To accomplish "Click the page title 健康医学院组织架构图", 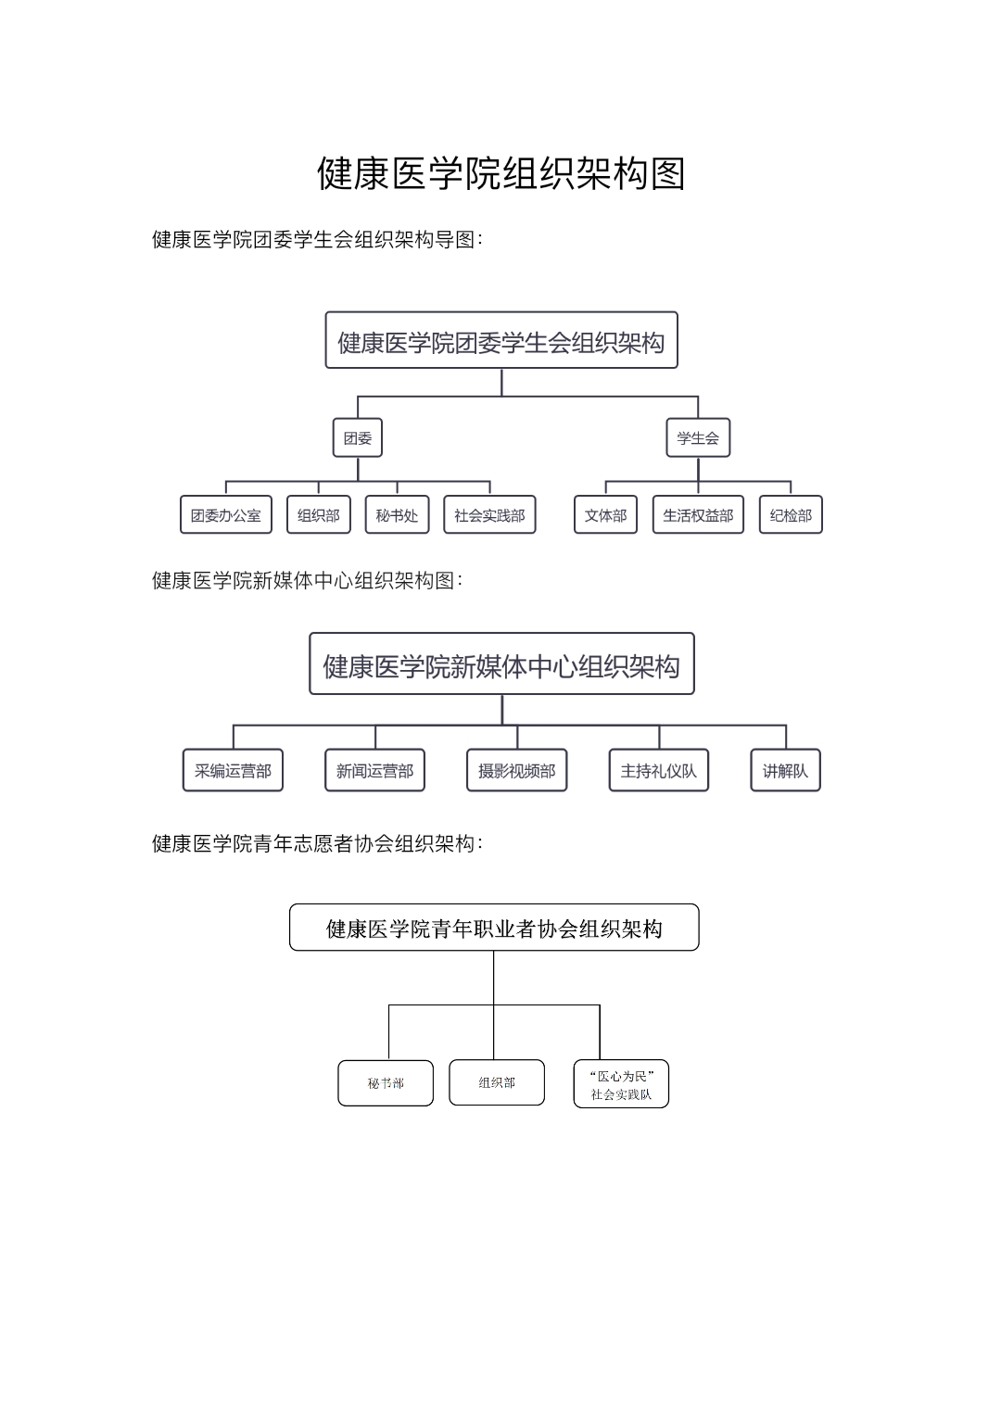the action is click(501, 173).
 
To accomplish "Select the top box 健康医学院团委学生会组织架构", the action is click(501, 340).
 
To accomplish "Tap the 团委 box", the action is click(358, 437).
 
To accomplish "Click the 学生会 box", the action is click(698, 437).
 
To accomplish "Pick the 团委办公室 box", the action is click(225, 515).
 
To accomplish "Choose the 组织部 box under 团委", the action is click(319, 515).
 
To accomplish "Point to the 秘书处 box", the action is click(397, 515).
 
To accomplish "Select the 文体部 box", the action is click(605, 515).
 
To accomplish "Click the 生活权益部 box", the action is click(698, 515).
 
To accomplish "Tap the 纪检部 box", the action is click(791, 515).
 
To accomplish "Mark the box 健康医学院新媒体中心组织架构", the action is click(501, 663).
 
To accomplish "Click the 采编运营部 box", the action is click(233, 770).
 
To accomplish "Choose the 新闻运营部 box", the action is click(374, 770).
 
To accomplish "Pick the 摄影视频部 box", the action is click(517, 770).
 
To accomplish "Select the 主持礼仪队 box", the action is click(658, 770).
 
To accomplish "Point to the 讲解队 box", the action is click(786, 770).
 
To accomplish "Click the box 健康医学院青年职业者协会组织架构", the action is click(494, 928).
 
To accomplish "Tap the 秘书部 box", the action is click(386, 1083).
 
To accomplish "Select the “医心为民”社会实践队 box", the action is click(621, 1084).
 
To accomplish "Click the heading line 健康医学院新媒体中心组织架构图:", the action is click(307, 580).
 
